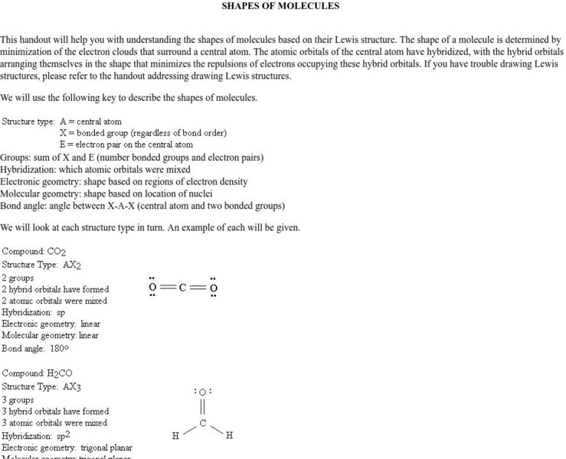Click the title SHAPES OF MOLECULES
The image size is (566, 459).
280,6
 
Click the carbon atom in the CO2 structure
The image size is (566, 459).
182,288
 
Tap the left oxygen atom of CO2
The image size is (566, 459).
152,288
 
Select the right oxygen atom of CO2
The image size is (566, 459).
213,288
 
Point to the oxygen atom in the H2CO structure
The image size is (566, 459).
203,392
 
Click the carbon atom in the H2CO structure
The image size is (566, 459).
203,422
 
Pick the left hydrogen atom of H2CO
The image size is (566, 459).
175,436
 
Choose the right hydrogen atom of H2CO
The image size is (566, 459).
229,436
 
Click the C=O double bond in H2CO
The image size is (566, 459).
203,407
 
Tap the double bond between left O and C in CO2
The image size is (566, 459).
167,288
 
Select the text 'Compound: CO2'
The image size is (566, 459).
34,252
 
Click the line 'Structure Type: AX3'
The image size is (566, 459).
41,387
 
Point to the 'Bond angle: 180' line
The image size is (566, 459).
35,348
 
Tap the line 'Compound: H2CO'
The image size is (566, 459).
38,374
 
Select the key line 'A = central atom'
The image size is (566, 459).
90,121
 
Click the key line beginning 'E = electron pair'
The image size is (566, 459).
126,145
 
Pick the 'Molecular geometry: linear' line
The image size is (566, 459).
50,335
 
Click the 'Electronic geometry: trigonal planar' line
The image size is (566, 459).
67,448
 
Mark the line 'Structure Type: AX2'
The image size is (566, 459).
41,265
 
